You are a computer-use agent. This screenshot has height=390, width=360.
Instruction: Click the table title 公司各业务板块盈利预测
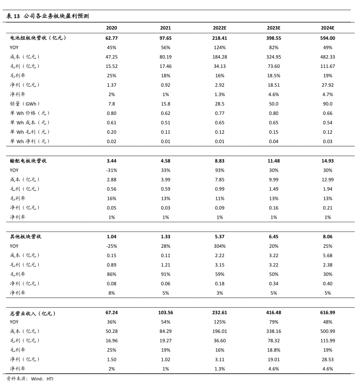point(56,16)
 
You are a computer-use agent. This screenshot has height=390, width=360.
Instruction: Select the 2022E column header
point(219,28)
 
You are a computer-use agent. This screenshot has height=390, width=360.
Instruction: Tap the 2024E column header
point(327,28)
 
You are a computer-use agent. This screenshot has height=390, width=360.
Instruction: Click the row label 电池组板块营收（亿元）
point(38,38)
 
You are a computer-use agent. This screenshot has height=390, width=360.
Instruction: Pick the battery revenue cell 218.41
point(219,38)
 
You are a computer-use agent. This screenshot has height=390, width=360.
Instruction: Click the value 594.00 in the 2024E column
point(327,38)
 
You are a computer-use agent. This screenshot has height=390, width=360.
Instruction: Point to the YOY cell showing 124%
point(219,47)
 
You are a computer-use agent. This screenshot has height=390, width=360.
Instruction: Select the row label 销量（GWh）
point(25,104)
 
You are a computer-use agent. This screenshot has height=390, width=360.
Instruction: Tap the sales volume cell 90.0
point(327,104)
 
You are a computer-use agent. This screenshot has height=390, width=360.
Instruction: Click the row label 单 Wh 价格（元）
point(30,113)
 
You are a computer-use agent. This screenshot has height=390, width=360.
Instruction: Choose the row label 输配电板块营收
point(29,161)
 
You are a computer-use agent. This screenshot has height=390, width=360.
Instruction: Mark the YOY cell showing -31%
point(112,170)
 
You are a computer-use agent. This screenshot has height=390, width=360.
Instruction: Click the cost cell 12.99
point(327,179)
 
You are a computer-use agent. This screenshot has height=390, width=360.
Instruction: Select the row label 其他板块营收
point(26,237)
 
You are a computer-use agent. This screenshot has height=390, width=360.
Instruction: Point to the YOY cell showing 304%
point(219,246)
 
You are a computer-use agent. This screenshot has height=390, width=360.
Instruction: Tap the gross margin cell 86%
point(112,274)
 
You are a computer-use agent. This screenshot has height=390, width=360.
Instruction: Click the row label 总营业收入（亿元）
point(33,313)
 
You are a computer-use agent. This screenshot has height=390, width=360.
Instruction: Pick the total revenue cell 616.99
point(327,312)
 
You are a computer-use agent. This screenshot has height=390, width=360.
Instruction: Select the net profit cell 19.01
point(273,359)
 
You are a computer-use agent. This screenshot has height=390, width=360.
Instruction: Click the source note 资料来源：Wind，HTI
point(30,379)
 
